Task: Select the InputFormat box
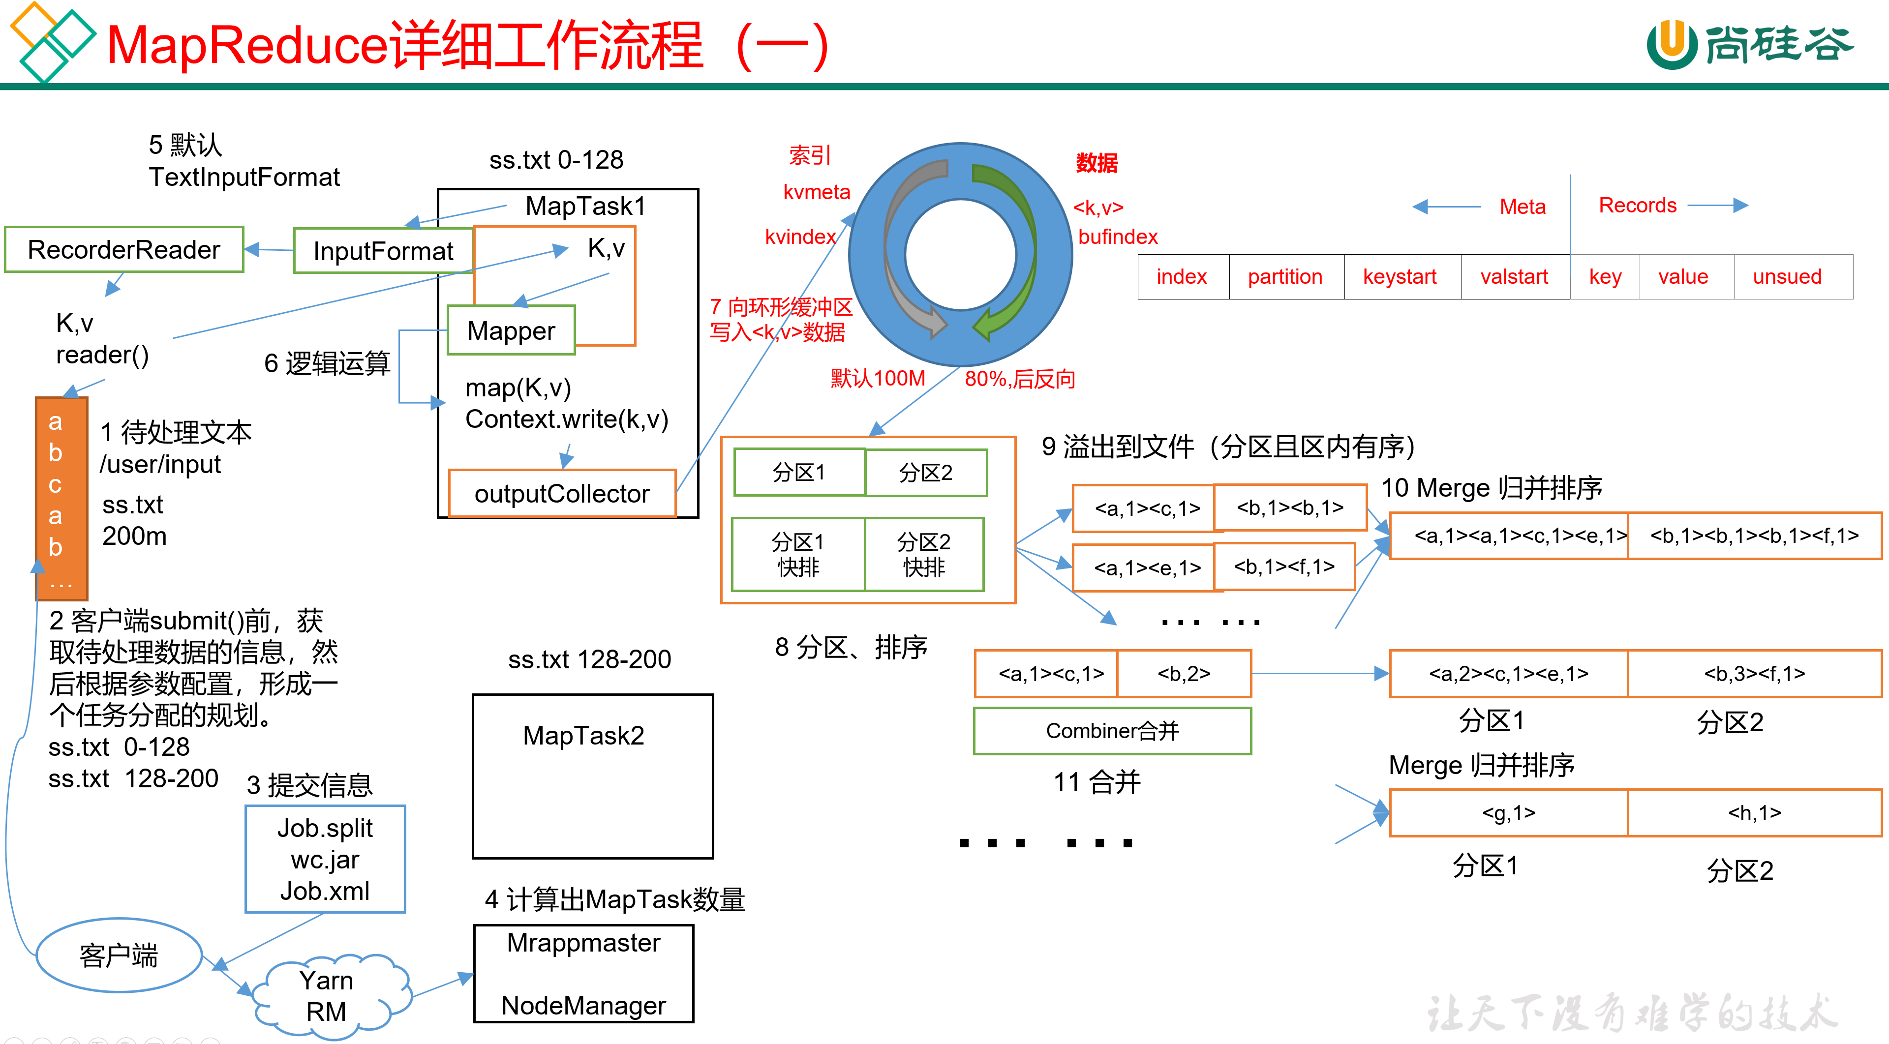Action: (x=383, y=251)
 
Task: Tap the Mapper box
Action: (x=511, y=330)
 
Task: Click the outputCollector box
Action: (x=562, y=493)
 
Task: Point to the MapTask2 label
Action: (x=584, y=735)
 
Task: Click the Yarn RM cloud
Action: (x=327, y=996)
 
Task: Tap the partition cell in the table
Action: (x=1285, y=276)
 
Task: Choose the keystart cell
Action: (x=1400, y=276)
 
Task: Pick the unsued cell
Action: (x=1787, y=276)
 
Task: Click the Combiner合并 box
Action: (x=1112, y=731)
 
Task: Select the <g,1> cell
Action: (x=1508, y=813)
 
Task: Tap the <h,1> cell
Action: (x=1754, y=813)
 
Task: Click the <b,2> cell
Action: (x=1184, y=674)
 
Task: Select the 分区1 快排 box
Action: (x=798, y=554)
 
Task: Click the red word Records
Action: (x=1638, y=205)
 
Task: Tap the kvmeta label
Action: (x=816, y=192)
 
